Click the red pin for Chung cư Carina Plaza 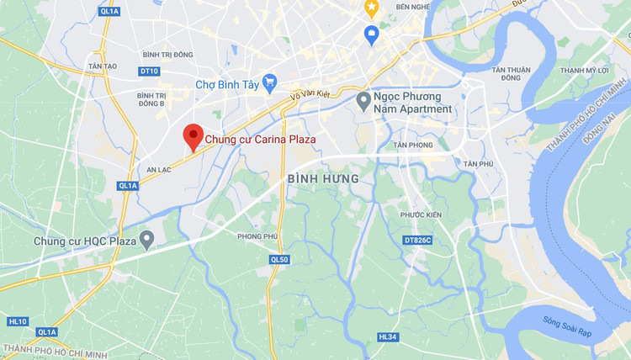(x=193, y=135)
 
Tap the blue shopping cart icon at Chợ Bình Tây (x=269, y=82)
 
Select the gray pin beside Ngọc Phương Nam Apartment (x=363, y=102)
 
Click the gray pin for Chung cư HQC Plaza (x=147, y=241)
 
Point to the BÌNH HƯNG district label (x=323, y=179)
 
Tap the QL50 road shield (x=279, y=260)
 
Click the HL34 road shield (x=388, y=336)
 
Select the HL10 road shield (x=18, y=321)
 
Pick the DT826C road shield (x=417, y=241)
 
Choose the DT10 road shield (x=150, y=71)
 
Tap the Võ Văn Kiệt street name (x=307, y=97)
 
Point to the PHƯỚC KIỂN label (x=421, y=214)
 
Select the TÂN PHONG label (x=411, y=145)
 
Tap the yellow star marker (x=371, y=8)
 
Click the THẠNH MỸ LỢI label (x=584, y=70)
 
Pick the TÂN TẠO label (x=102, y=65)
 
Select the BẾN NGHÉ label (x=413, y=7)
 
